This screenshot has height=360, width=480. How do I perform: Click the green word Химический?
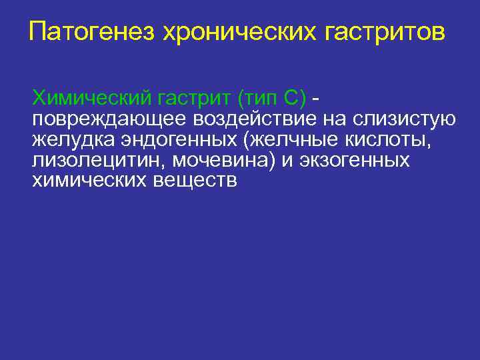coord(91,99)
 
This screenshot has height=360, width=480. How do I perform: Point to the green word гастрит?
coord(193,99)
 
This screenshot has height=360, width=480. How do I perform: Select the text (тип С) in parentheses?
coord(270,99)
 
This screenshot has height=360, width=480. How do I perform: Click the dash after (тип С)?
coord(315,100)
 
